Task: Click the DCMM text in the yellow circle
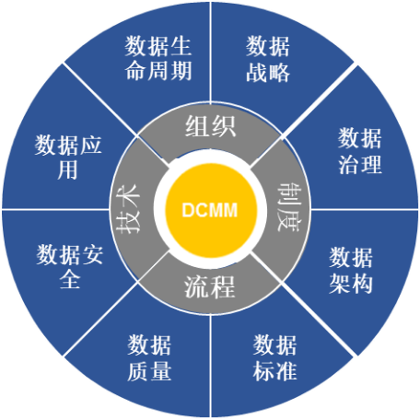coord(210,210)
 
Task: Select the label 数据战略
coord(268,59)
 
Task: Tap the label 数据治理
coord(360,151)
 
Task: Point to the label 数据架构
coord(351,270)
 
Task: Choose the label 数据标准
coord(274,358)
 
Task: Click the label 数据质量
coord(149,358)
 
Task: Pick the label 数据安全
coord(70,267)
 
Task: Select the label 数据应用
coord(68,157)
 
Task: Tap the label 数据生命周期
coord(158,58)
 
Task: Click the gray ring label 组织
coord(210,126)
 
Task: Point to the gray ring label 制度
coord(288,207)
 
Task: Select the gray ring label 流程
coord(210,286)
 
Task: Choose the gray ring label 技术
coord(128,209)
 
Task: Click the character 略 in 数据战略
coord(279,72)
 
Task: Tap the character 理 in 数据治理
coord(371,164)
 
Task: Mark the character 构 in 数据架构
coord(362,284)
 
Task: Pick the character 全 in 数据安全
coord(70,279)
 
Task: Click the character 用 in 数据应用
coord(67,169)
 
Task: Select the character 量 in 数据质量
coord(160,371)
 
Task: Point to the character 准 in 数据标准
coord(286,371)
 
